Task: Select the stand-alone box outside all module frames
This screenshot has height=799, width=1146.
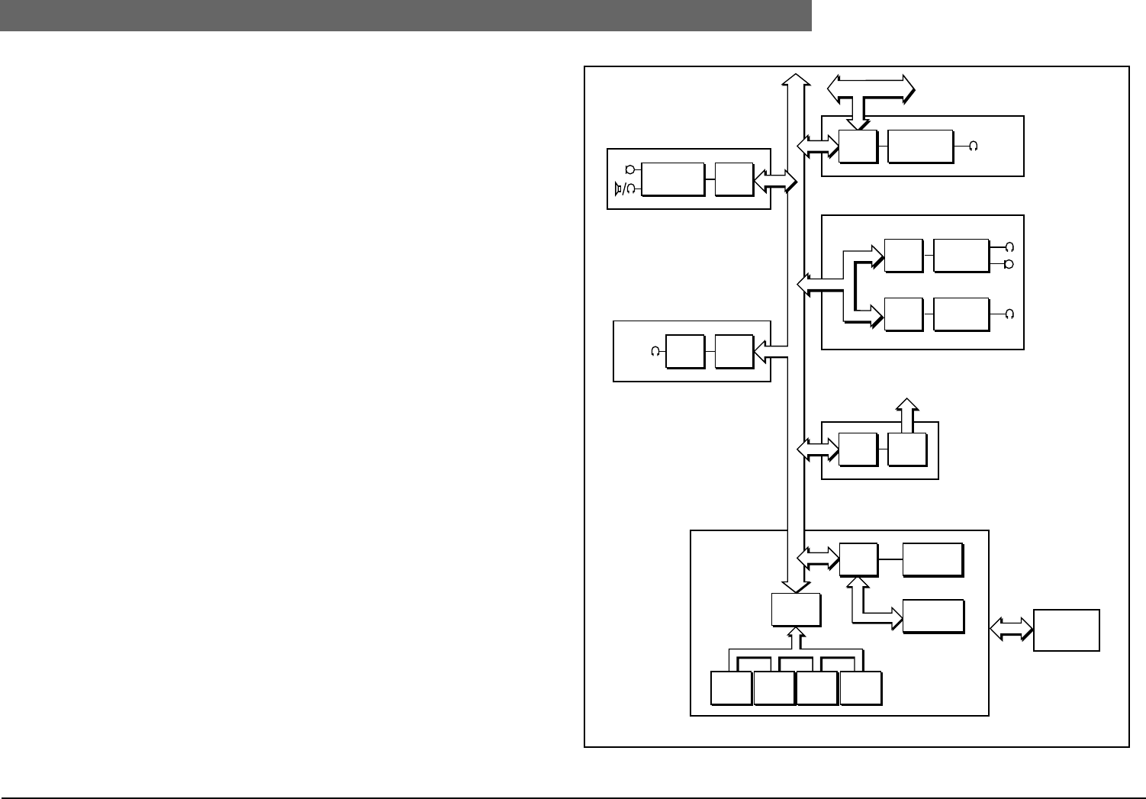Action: pyautogui.click(x=1066, y=630)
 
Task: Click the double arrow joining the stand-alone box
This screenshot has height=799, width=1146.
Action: pyautogui.click(x=1011, y=629)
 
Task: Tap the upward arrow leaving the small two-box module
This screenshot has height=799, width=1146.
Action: pyautogui.click(x=906, y=415)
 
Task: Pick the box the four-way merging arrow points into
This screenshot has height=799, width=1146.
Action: pyautogui.click(x=796, y=609)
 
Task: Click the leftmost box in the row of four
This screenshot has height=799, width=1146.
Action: pyautogui.click(x=730, y=688)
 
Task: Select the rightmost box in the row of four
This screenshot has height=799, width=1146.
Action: pyautogui.click(x=860, y=688)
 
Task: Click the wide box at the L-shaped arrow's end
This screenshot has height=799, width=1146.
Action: pyautogui.click(x=932, y=617)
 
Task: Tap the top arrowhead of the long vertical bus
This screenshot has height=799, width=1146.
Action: pyautogui.click(x=797, y=80)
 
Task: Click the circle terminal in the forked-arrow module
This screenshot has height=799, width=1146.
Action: pyautogui.click(x=1009, y=264)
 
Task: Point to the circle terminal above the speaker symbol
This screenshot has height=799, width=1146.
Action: pyautogui.click(x=629, y=169)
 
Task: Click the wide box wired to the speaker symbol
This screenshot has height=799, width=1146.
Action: pyautogui.click(x=672, y=179)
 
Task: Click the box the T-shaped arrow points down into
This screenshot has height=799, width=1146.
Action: pyautogui.click(x=858, y=146)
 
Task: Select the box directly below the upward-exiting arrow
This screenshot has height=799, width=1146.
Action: pyautogui.click(x=907, y=449)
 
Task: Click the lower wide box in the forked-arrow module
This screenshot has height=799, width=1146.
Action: pyautogui.click(x=961, y=315)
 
